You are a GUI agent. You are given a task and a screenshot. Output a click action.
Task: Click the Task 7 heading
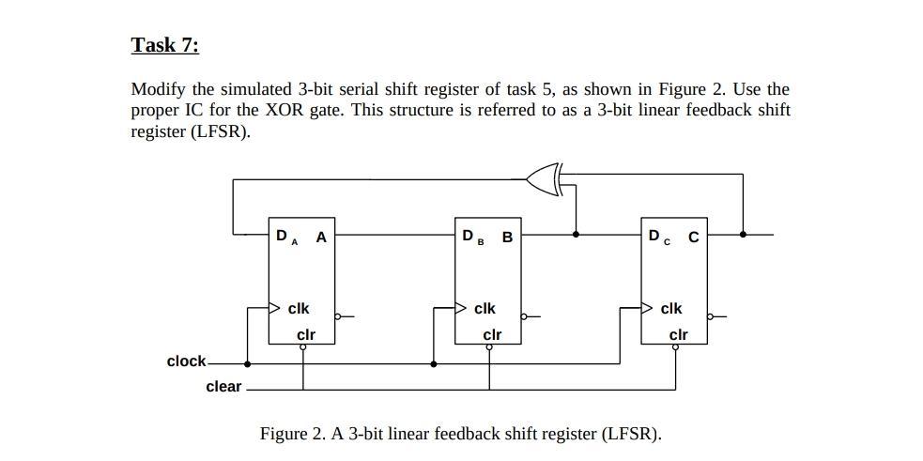(164, 45)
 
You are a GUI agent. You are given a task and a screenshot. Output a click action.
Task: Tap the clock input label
(186, 361)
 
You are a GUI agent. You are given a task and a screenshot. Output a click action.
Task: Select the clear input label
(223, 387)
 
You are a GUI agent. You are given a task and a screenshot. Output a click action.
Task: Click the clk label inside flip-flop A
(299, 308)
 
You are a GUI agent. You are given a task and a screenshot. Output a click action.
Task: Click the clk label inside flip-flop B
(485, 308)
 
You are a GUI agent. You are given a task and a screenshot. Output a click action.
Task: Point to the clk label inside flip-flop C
(671, 308)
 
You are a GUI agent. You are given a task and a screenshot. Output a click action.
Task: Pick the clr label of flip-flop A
(305, 334)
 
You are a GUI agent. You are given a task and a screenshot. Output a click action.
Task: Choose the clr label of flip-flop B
(492, 334)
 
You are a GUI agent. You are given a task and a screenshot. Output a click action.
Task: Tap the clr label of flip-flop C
(678, 334)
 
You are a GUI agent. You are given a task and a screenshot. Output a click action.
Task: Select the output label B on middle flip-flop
(508, 237)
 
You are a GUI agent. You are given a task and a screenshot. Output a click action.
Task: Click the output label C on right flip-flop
(693, 237)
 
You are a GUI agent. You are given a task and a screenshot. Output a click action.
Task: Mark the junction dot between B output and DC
(575, 234)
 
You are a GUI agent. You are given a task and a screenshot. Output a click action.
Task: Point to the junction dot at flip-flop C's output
(743, 234)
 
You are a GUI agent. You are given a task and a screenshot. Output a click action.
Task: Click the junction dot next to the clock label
(247, 363)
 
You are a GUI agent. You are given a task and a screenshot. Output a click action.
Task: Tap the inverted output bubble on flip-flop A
(338, 316)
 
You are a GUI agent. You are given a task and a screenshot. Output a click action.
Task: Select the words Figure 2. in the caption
(292, 434)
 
